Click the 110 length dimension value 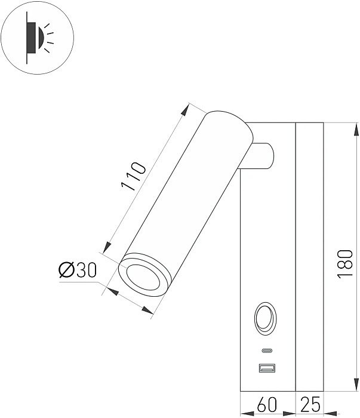point(133,176)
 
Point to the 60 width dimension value point(267,405)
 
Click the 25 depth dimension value point(310,405)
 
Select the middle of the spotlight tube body point(185,197)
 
